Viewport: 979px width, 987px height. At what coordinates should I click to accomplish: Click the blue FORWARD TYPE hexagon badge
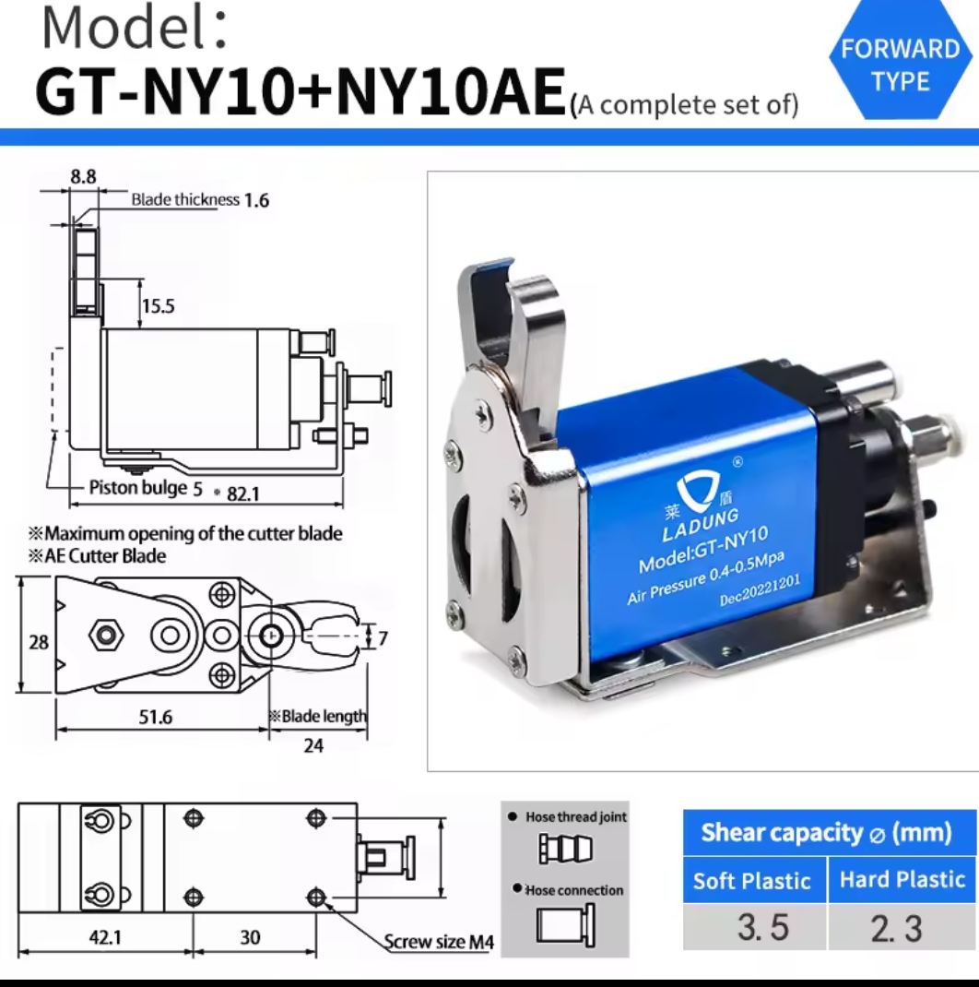pos(901,61)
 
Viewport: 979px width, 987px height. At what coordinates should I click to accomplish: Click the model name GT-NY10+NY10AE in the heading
pos(301,92)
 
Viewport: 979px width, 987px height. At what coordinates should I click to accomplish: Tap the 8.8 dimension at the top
pos(83,177)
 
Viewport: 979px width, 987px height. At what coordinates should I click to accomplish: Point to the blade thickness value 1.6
pos(256,200)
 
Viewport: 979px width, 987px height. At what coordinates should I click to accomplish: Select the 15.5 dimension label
pos(158,306)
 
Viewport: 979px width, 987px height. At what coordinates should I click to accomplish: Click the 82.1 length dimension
pos(242,494)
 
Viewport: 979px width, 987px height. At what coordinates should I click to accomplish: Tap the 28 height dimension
pos(39,642)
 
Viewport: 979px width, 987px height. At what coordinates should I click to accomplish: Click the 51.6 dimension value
pos(156,717)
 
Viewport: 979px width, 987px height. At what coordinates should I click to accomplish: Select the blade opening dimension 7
pos(383,638)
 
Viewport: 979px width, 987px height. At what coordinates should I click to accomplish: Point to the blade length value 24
pos(313,746)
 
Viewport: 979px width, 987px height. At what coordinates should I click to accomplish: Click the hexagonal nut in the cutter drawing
pos(106,636)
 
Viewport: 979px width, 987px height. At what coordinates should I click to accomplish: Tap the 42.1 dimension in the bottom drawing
pos(105,937)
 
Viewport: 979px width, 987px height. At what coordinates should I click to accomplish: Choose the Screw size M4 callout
pos(439,942)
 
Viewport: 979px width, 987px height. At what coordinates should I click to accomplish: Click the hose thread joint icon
pos(566,848)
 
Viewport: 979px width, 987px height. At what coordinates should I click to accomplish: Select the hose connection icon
pos(566,925)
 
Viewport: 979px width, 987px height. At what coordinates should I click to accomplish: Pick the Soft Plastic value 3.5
pos(762,927)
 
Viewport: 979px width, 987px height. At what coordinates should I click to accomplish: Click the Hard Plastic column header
pos(902,879)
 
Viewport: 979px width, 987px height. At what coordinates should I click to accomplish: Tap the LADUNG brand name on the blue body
pos(701,526)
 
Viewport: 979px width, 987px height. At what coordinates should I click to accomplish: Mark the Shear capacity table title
pos(826,833)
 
